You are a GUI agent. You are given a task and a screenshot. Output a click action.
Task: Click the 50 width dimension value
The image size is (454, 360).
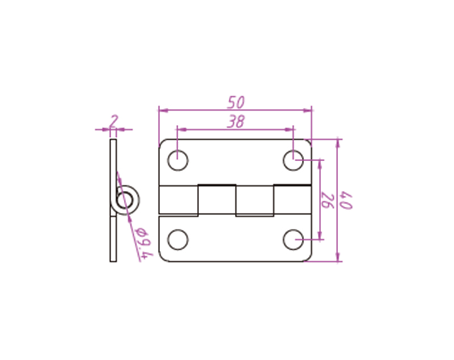pyautogui.click(x=236, y=102)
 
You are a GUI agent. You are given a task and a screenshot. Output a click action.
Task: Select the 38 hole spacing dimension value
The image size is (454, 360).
pyautogui.click(x=236, y=122)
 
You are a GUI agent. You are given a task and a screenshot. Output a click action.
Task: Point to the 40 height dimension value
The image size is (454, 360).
pyautogui.click(x=346, y=200)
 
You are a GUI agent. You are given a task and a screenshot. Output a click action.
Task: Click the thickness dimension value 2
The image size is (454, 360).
pyautogui.click(x=114, y=121)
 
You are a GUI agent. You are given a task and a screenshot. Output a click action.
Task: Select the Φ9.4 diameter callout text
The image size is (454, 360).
pyautogui.click(x=144, y=242)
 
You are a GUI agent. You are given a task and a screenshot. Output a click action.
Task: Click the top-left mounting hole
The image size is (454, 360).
pyautogui.click(x=178, y=160)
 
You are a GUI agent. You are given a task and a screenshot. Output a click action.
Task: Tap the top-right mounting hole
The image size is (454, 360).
pyautogui.click(x=293, y=160)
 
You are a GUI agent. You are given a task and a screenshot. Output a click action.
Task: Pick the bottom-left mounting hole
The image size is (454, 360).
pyautogui.click(x=178, y=240)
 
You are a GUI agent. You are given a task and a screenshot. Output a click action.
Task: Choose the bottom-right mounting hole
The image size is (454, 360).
pyautogui.click(x=293, y=240)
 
